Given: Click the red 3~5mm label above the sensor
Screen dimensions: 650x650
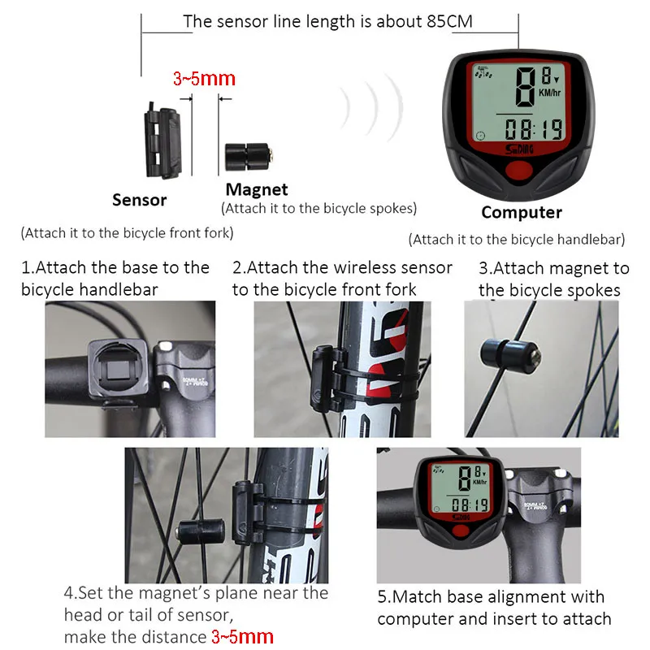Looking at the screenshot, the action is (x=205, y=79).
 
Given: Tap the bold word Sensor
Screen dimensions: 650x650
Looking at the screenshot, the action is (x=139, y=200).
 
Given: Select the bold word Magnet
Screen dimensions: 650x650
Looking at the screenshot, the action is (x=257, y=190).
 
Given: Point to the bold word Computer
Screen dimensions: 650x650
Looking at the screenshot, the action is (x=522, y=213).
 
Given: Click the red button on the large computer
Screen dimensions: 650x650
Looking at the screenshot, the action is (x=518, y=171).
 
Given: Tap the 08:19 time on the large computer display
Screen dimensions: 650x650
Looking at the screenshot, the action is (x=534, y=129).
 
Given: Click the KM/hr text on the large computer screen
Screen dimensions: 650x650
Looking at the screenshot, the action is (x=550, y=93).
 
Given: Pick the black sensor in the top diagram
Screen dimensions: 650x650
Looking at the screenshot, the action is (x=162, y=141).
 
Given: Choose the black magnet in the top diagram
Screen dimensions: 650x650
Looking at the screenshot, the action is (x=249, y=157).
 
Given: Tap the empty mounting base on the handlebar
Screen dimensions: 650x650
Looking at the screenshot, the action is (x=118, y=370).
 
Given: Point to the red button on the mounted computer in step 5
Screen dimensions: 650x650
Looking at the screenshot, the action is (x=460, y=531).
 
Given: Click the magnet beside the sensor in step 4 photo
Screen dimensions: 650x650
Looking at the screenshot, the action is (x=201, y=531).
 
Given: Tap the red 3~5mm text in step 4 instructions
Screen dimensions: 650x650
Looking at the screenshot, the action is (x=242, y=637).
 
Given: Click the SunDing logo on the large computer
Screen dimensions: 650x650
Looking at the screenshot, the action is (x=519, y=149).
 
